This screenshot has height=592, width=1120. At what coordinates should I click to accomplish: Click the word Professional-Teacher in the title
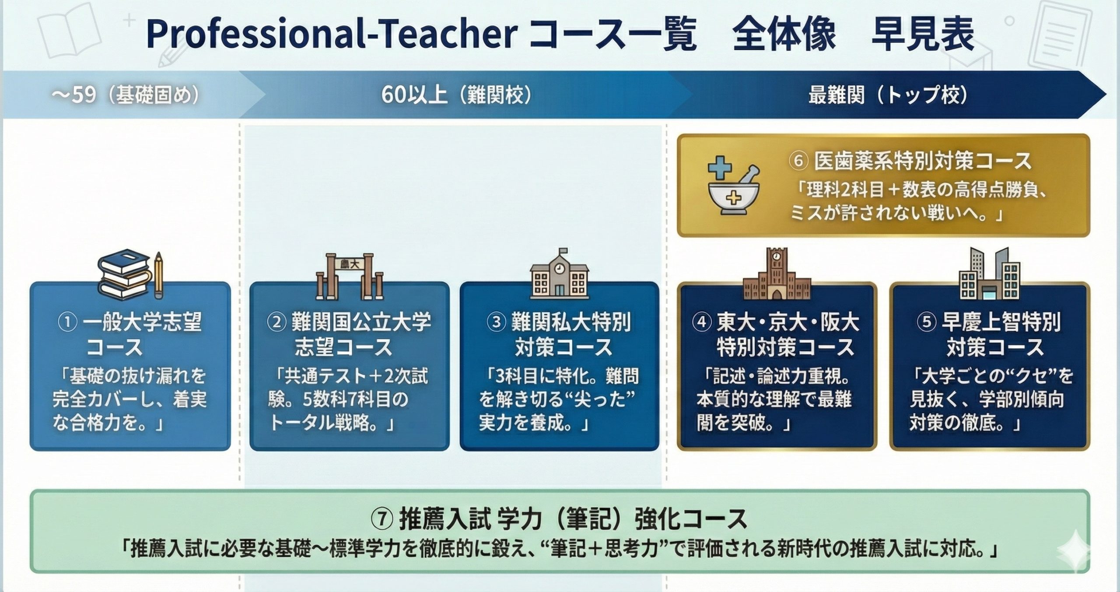click(x=332, y=34)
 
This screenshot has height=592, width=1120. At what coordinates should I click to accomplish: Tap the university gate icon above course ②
click(x=350, y=276)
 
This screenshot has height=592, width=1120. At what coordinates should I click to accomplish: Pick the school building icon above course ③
click(x=560, y=274)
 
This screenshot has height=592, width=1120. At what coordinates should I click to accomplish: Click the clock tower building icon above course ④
click(x=777, y=274)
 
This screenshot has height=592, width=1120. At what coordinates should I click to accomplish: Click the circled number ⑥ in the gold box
click(x=798, y=161)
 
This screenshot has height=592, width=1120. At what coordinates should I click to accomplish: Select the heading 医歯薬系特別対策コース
click(x=923, y=161)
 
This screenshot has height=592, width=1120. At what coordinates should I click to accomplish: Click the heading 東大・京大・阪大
click(x=787, y=323)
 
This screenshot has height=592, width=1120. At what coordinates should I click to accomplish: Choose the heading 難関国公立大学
click(x=361, y=323)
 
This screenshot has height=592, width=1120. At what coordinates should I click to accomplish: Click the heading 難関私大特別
click(x=571, y=323)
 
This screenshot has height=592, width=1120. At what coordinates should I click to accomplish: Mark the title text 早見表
click(x=923, y=34)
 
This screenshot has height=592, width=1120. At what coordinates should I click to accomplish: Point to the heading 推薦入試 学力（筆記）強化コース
click(x=573, y=519)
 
